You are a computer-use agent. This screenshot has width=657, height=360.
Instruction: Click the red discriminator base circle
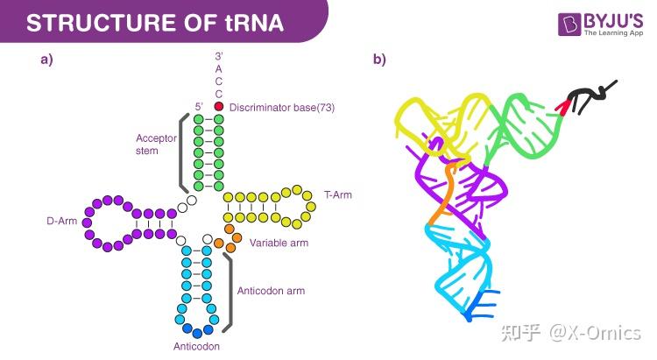pos(219,106)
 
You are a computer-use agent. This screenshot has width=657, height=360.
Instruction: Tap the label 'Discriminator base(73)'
pos(282,107)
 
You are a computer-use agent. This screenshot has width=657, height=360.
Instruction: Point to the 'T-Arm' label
pos(338,194)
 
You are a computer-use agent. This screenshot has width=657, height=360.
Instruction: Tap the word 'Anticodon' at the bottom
pos(196,347)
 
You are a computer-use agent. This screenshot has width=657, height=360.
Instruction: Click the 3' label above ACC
pos(219,55)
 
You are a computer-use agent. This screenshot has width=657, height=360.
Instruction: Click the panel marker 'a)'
pos(46,60)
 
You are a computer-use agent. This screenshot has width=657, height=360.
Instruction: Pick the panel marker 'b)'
pos(378,60)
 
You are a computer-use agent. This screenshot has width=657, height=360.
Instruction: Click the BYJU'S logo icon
pos(570,25)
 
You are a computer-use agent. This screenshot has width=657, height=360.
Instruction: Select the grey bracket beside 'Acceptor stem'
pos(183,154)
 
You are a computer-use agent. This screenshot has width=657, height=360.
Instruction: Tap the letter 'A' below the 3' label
pos(219,68)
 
